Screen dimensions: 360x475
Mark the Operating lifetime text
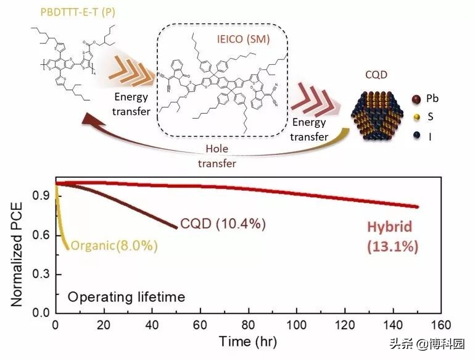coord(126,297)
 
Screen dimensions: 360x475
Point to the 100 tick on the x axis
coord(297,325)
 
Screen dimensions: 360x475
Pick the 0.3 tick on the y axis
coord(41,274)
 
